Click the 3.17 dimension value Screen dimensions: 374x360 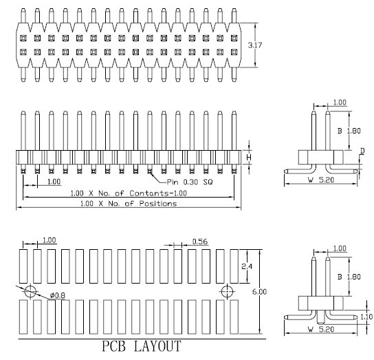click(x=255, y=45)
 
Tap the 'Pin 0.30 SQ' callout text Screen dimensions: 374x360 click(x=190, y=182)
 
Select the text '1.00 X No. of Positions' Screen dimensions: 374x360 click(x=129, y=204)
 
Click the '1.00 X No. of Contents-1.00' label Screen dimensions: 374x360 click(x=129, y=193)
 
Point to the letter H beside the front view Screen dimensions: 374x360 click(x=249, y=158)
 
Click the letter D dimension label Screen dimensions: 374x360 click(x=362, y=151)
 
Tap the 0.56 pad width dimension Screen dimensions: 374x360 click(x=200, y=242)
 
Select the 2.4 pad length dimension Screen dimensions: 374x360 click(x=247, y=266)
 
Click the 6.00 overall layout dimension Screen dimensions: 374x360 click(x=259, y=292)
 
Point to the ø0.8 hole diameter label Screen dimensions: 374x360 click(x=58, y=296)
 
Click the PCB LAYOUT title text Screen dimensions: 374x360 click(x=142, y=346)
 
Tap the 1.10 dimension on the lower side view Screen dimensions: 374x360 click(x=366, y=317)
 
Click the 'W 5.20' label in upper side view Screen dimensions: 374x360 click(x=321, y=180)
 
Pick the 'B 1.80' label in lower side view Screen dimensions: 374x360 click(x=349, y=277)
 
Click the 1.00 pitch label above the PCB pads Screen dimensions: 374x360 click(x=49, y=240)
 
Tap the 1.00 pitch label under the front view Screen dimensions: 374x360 click(x=54, y=182)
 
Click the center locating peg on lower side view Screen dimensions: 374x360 click(x=321, y=317)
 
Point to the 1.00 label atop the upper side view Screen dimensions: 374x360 click(x=340, y=103)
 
